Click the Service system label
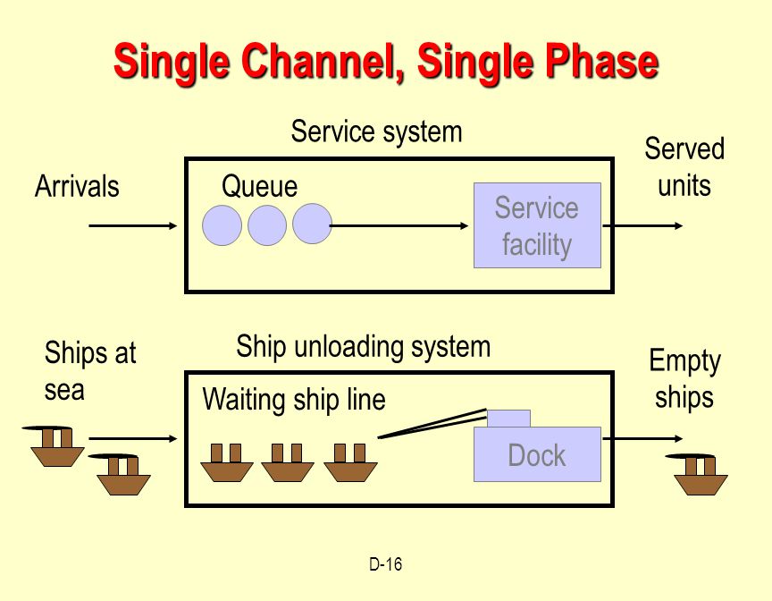(377, 132)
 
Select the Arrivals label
(77, 187)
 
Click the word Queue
(259, 187)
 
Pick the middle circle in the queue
(267, 225)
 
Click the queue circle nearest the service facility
(312, 224)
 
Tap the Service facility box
(537, 225)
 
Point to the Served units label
(684, 167)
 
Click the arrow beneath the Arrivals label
(133, 225)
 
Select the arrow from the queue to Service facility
(399, 225)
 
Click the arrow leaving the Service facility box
(642, 225)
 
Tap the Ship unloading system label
(364, 346)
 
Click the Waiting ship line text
(294, 399)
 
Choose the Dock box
(537, 453)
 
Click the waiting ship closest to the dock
(350, 463)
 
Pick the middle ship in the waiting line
(288, 463)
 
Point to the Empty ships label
(684, 378)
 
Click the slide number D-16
(385, 564)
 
